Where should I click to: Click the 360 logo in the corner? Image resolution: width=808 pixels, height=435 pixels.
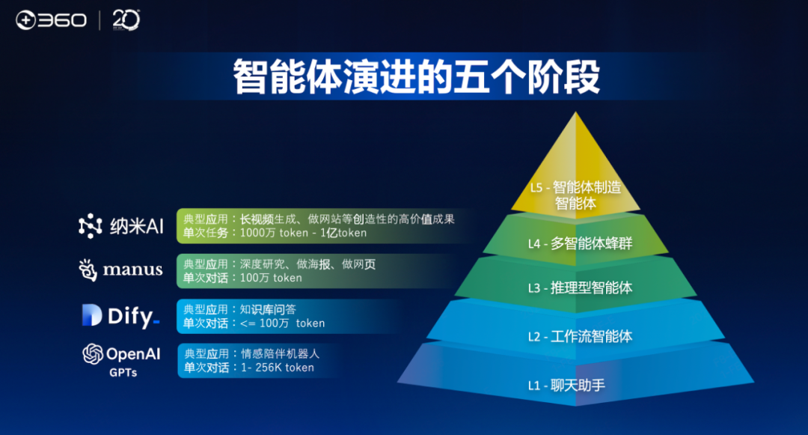pyautogui.click(x=51, y=20)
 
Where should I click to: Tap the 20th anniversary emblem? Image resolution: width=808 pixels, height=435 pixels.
pyautogui.click(x=126, y=20)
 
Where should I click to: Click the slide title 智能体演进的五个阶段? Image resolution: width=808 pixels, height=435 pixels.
pyautogui.click(x=417, y=77)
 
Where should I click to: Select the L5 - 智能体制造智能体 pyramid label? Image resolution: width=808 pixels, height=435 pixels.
pyautogui.click(x=575, y=195)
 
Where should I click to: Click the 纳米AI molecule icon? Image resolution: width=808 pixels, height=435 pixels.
pyautogui.click(x=91, y=226)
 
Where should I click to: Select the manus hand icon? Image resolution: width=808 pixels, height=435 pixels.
pyautogui.click(x=88, y=270)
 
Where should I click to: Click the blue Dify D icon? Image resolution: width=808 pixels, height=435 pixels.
pyautogui.click(x=91, y=316)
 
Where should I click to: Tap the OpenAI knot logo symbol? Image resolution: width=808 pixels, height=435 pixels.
pyautogui.click(x=93, y=353)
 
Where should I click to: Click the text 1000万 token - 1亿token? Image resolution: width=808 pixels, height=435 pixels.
pyautogui.click(x=303, y=233)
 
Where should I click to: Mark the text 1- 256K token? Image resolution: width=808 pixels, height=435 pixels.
pyautogui.click(x=277, y=368)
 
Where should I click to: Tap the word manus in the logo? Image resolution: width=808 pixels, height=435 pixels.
pyautogui.click(x=132, y=270)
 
